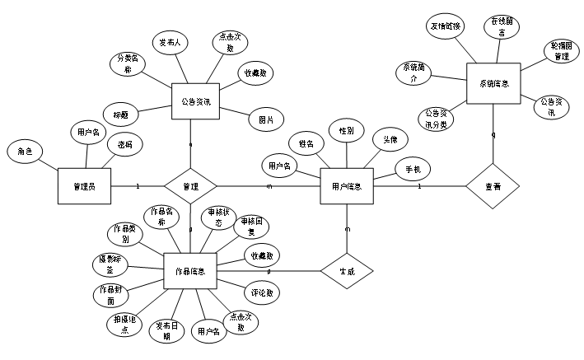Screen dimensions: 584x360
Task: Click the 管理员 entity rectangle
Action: (84, 186)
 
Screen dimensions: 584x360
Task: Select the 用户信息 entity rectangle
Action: (346, 186)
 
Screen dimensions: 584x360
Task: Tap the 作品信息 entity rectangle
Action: (190, 270)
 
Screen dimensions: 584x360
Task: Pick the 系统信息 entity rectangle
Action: (493, 83)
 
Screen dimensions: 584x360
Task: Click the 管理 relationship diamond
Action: (190, 187)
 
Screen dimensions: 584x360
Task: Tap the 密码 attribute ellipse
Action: (125, 143)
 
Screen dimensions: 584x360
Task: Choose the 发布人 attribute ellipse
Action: (172, 42)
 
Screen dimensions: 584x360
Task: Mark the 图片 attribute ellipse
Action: (265, 119)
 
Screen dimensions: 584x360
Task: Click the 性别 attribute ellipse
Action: (346, 130)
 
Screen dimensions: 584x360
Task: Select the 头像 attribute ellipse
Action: (390, 140)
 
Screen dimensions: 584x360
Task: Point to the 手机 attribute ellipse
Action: (413, 170)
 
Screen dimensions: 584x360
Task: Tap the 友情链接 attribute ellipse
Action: (446, 26)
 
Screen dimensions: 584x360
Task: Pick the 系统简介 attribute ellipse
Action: (413, 73)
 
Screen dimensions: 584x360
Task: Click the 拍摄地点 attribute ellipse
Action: (125, 325)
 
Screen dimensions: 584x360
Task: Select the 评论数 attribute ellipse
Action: (262, 292)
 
